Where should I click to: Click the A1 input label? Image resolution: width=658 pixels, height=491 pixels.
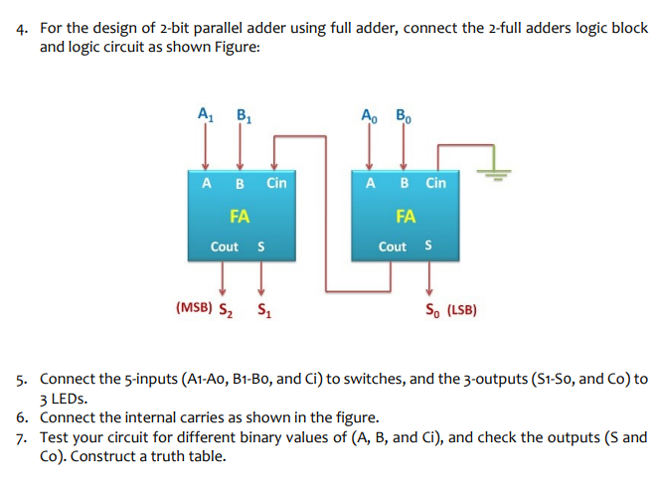pos(206,112)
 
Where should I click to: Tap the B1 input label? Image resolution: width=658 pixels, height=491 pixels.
pos(241,112)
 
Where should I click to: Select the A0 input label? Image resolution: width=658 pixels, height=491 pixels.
pos(370,112)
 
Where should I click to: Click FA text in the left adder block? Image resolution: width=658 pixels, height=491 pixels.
pos(240,215)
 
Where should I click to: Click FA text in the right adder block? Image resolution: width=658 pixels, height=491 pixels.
pos(405,215)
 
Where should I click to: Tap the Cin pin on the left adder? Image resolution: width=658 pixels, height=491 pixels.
pos(275,183)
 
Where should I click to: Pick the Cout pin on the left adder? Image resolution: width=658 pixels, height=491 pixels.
pos(224,246)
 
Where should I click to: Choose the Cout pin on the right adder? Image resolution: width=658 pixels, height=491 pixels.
pos(392,246)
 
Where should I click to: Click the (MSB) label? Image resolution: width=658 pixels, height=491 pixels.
pos(193,308)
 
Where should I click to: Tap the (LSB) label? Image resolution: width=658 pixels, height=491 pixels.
pos(461,309)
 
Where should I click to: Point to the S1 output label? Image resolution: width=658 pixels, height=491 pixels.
pos(262,309)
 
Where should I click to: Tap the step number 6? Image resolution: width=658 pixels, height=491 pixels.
pos(22,417)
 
